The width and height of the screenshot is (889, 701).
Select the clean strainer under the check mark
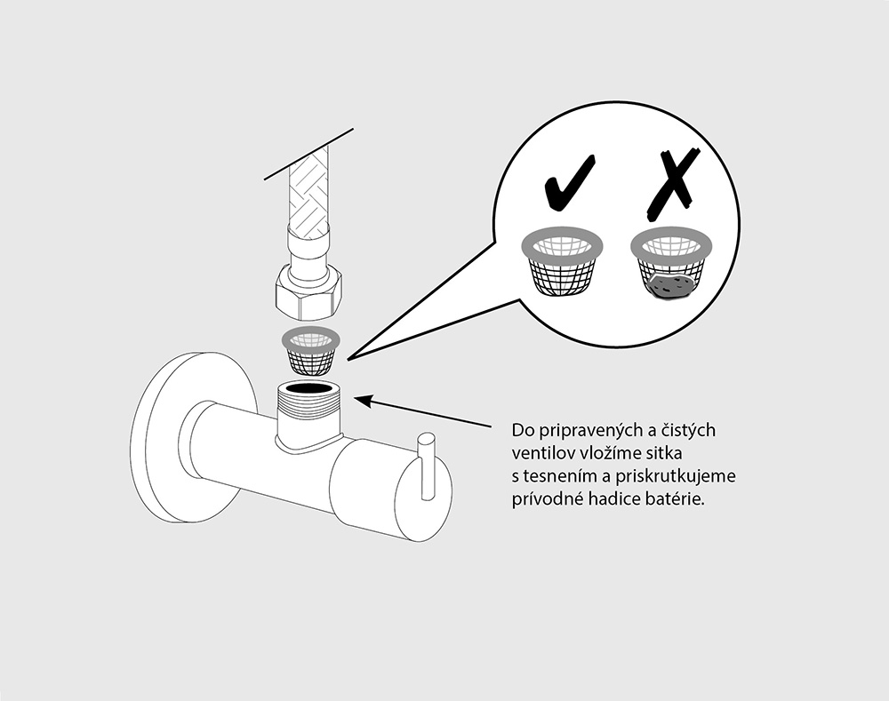(x=561, y=263)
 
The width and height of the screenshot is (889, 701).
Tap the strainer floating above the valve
(x=311, y=351)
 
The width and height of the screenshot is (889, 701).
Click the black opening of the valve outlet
(x=308, y=389)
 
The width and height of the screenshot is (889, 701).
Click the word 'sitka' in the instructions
(x=663, y=454)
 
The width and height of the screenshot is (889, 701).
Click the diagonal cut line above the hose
(x=309, y=155)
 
